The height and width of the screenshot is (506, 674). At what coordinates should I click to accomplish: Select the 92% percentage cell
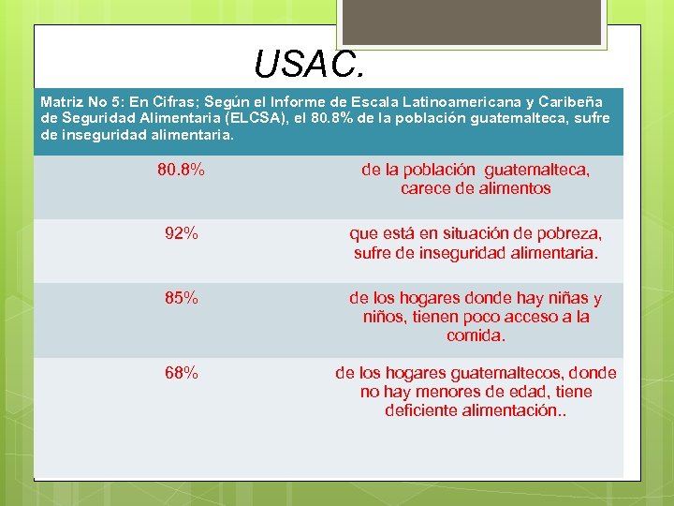click(181, 233)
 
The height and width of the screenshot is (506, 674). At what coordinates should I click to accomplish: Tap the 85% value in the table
click(181, 298)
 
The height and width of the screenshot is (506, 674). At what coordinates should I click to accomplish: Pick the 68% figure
click(181, 373)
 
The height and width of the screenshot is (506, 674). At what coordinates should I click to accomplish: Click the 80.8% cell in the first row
click(181, 171)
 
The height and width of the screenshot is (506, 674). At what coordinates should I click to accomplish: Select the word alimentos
click(513, 188)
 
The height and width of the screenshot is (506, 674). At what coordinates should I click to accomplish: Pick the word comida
click(476, 335)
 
